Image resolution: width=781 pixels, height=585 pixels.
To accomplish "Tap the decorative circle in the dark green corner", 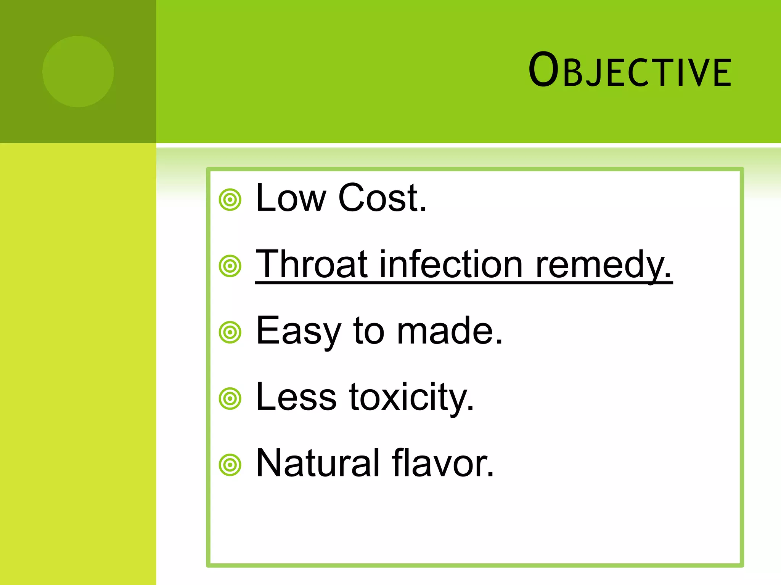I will click(x=78, y=71).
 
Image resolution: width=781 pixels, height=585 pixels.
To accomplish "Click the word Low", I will click(x=291, y=198).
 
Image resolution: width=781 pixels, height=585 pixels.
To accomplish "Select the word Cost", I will click(x=382, y=198).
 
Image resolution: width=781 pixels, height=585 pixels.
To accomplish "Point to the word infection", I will click(x=451, y=264).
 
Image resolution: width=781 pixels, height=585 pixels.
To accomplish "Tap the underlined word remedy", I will click(x=603, y=265).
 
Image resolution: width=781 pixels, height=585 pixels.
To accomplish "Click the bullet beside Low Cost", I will click(x=230, y=200).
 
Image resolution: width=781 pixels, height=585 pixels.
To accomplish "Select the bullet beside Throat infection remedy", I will click(x=230, y=266).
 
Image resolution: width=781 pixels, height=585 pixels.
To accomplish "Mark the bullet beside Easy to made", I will click(x=230, y=332).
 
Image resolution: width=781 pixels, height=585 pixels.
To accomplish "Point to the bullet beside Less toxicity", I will click(x=230, y=399).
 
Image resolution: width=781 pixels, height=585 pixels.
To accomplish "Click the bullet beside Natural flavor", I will click(x=230, y=465).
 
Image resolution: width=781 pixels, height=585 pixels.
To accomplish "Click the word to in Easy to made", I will click(x=369, y=331).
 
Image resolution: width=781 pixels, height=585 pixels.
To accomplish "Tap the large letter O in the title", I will click(x=543, y=70).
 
